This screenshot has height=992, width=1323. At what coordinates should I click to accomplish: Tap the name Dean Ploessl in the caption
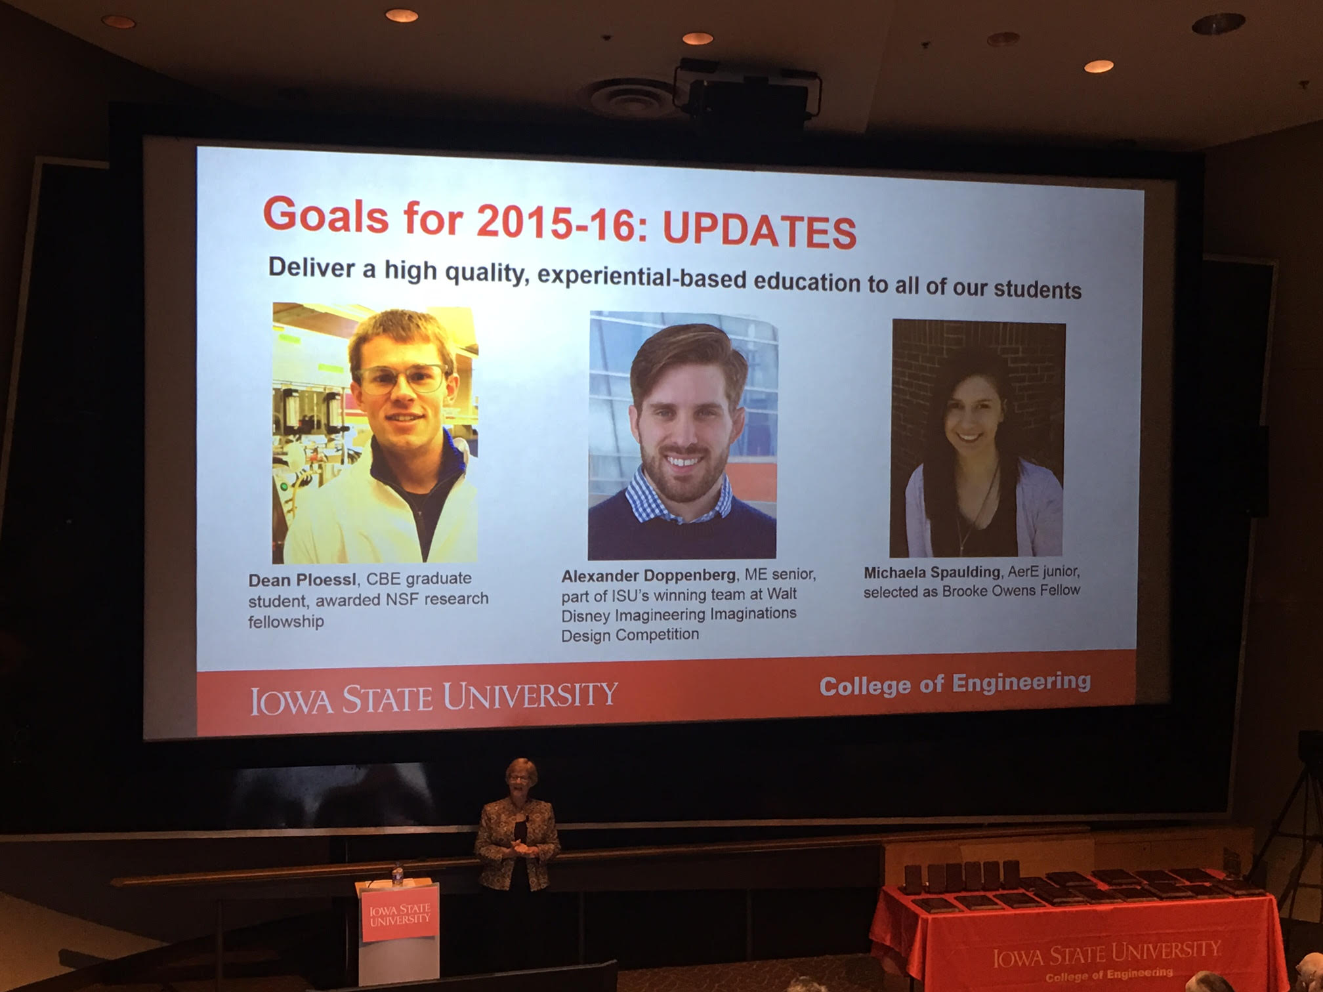click(302, 580)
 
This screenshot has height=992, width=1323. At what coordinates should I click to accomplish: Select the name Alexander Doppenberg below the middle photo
click(648, 575)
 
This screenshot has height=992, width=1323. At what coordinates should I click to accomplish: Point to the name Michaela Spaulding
click(932, 572)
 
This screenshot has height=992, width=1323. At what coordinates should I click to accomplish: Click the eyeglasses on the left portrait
click(401, 379)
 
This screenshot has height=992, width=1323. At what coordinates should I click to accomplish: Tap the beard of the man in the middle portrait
click(683, 470)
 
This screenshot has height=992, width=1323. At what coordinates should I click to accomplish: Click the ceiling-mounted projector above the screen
click(747, 92)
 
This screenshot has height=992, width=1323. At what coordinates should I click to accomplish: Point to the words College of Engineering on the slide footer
click(955, 683)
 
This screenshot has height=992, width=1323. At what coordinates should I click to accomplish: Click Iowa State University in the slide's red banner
click(434, 697)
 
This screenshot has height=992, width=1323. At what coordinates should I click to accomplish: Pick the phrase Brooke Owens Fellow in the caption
click(1011, 590)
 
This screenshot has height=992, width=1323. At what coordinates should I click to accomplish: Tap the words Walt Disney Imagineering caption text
click(679, 604)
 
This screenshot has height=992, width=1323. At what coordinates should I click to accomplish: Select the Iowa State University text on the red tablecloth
click(1106, 953)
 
